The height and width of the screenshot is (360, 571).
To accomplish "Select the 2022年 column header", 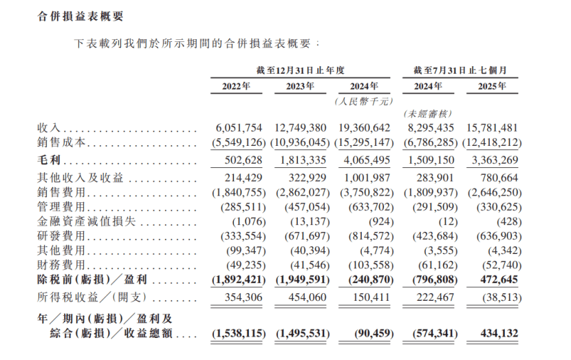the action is coord(236,87).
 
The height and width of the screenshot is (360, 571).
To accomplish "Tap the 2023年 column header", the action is coord(300,87).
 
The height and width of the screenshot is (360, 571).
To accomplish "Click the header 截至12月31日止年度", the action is coord(300,70).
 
